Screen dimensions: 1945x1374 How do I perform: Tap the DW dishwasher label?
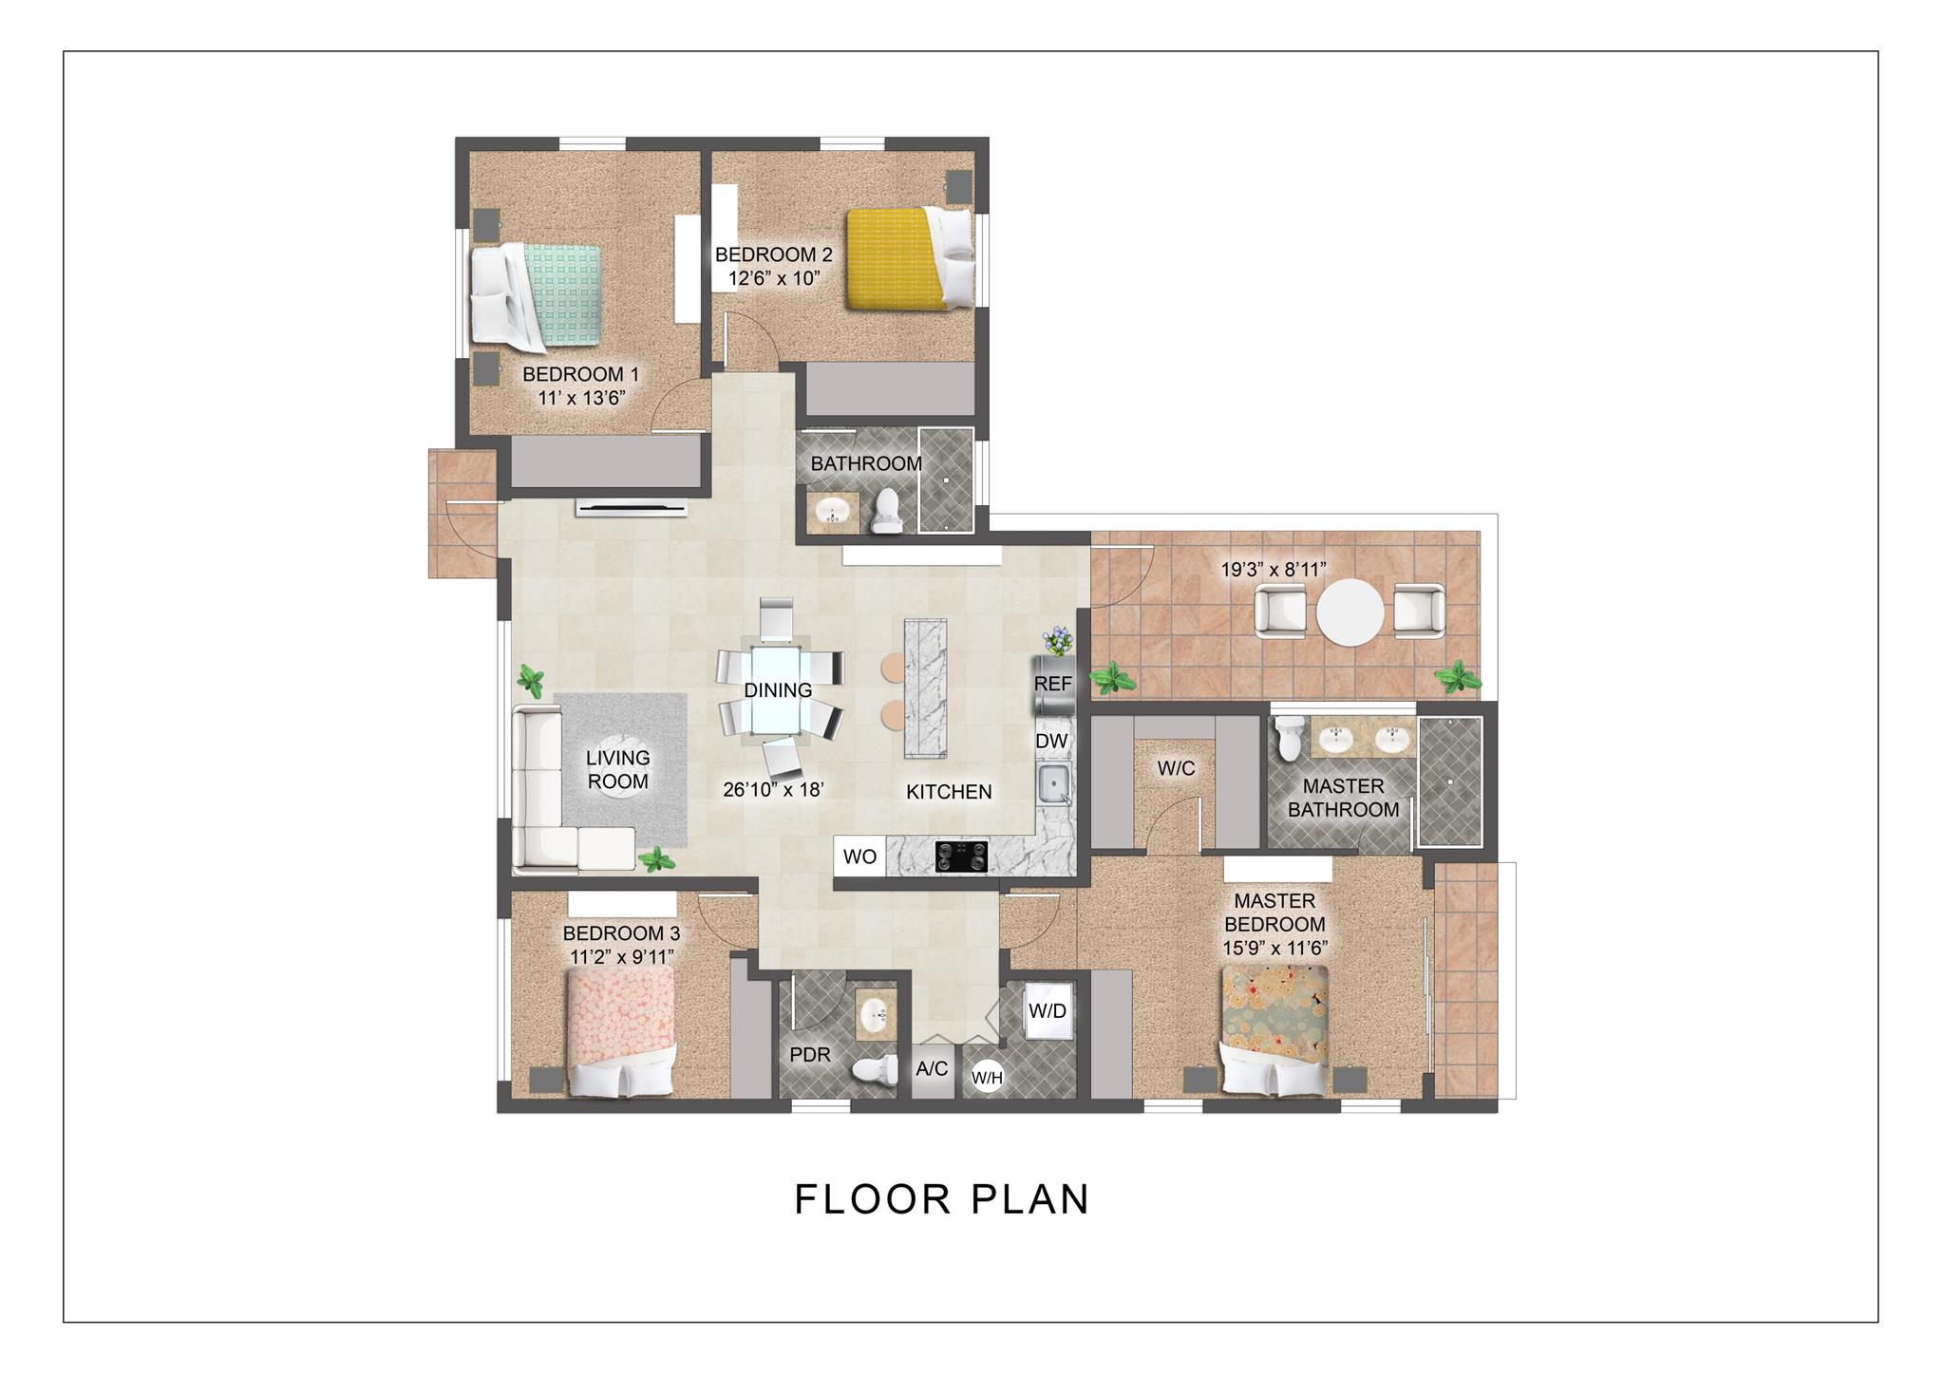click(x=1051, y=741)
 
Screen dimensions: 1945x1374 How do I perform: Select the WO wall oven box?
click(x=859, y=856)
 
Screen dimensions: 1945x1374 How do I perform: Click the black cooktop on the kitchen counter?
click(x=962, y=856)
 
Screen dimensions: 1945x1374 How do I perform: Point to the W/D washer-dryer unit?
click(x=1048, y=1011)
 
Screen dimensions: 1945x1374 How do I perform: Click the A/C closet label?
click(x=932, y=1069)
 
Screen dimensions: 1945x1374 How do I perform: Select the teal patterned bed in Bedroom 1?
click(x=537, y=295)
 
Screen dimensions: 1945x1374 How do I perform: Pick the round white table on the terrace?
click(x=1350, y=612)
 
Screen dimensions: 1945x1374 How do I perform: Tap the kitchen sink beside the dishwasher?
click(x=1053, y=784)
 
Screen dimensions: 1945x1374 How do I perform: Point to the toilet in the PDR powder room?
click(x=876, y=1070)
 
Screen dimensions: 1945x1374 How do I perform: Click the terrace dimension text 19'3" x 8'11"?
click(x=1274, y=570)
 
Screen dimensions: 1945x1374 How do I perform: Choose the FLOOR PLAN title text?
click(x=941, y=1199)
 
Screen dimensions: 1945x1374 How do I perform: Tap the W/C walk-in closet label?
click(x=1176, y=768)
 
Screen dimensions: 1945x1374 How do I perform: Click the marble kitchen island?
click(x=926, y=688)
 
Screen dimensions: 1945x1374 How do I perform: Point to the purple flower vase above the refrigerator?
click(x=1057, y=640)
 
